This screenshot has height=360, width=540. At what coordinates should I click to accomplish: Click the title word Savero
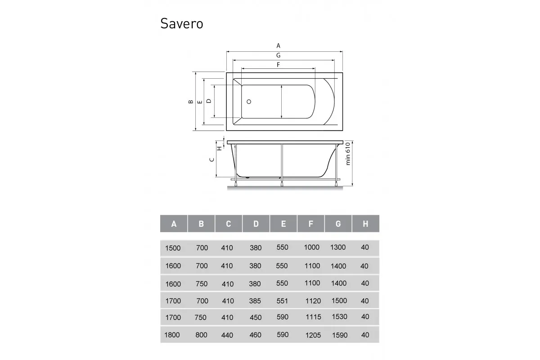pos(181,23)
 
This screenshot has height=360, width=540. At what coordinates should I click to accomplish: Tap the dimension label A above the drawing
pos(279,45)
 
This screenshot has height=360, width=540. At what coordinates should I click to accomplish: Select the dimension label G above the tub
pos(279,55)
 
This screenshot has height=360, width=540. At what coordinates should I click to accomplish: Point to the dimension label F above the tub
pos(279,65)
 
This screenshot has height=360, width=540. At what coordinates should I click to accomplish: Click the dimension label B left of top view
pos(191,102)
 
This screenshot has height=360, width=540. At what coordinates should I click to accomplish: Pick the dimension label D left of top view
pos(209,101)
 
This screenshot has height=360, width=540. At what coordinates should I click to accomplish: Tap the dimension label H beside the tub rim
pos(220,148)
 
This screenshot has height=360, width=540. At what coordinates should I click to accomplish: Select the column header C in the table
pos(229,224)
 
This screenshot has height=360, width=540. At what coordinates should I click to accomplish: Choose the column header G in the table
pos(338,224)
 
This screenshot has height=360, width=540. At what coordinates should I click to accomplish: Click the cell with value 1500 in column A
pos(173,247)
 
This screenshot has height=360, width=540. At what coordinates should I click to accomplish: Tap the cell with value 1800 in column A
pos(173,335)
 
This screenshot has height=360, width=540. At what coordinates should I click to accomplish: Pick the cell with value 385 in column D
pos(255,301)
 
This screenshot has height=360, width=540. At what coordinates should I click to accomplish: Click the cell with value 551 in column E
pos(282,301)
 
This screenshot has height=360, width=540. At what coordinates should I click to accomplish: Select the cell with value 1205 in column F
pos(313,335)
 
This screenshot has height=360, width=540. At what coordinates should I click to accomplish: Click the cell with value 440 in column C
pos(227,335)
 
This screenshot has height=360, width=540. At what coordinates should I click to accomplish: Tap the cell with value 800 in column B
pos(202,335)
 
